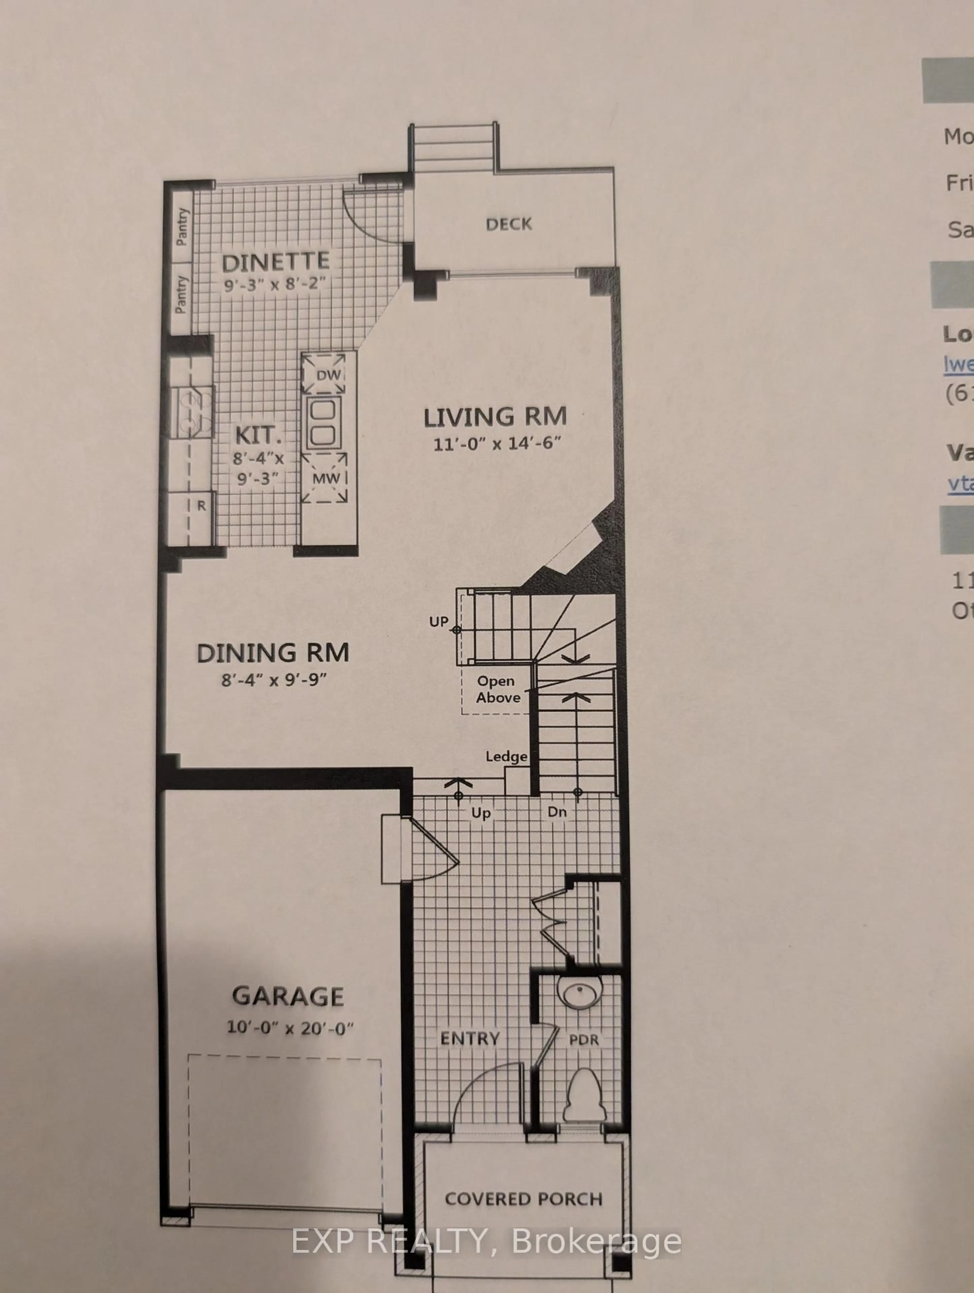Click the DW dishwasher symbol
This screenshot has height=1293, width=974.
[x=328, y=375]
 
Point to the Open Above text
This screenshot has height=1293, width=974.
[x=497, y=689]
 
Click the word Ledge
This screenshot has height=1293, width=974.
[x=506, y=757]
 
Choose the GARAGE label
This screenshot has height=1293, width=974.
[x=288, y=997]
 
